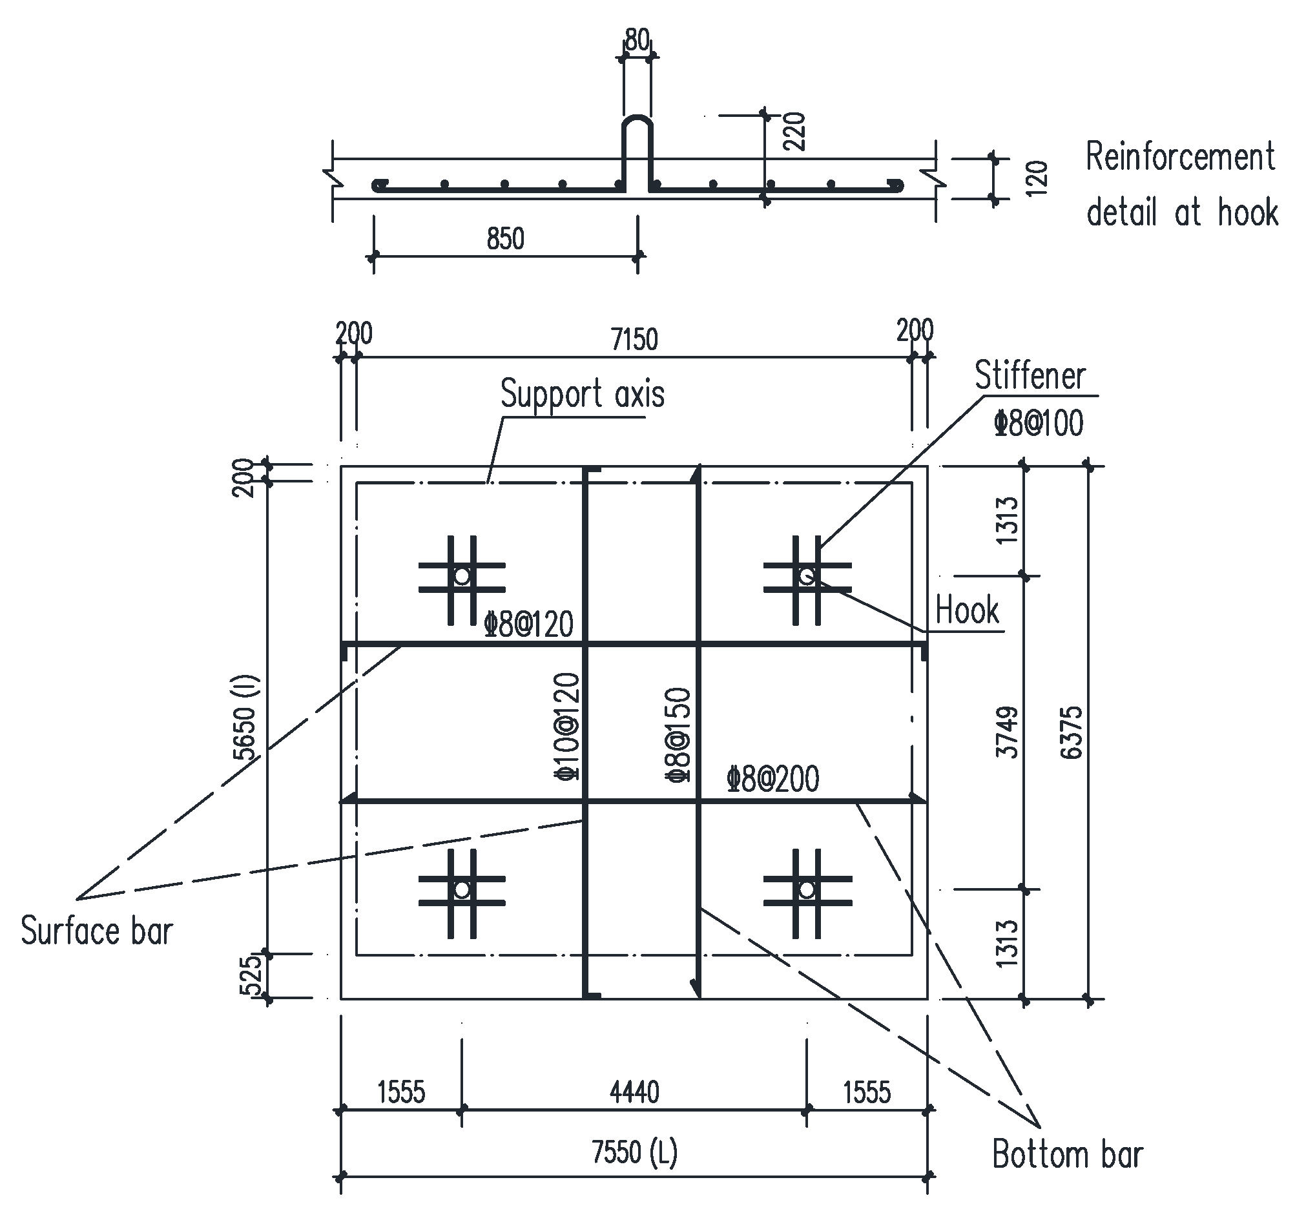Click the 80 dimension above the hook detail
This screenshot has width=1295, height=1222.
click(x=636, y=41)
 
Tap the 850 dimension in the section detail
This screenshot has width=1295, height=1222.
click(x=505, y=239)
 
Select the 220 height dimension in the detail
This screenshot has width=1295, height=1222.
click(x=794, y=132)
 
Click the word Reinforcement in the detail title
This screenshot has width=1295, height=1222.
click(x=1179, y=158)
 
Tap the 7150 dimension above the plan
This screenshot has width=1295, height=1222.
click(x=634, y=339)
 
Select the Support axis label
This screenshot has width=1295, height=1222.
click(x=583, y=394)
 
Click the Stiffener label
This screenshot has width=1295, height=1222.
click(x=1030, y=376)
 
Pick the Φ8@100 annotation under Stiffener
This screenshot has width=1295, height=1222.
click(x=1039, y=424)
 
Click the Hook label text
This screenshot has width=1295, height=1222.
click(x=967, y=610)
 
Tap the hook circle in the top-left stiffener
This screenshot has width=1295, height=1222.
click(x=462, y=576)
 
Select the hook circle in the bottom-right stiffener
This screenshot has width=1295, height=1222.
click(x=807, y=890)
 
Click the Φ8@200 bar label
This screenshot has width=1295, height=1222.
click(x=772, y=779)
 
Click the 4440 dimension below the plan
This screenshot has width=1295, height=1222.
click(x=634, y=1092)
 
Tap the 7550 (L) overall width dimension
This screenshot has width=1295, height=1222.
click(x=634, y=1152)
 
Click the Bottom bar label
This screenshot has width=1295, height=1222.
click(x=1067, y=1155)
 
